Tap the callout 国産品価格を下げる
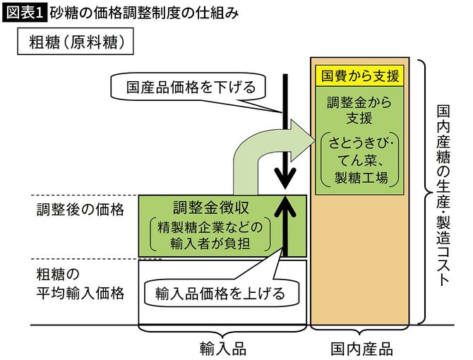(x=191, y=88)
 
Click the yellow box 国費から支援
(x=361, y=76)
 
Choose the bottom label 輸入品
(x=222, y=349)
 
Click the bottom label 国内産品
(x=361, y=349)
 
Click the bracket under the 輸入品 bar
(x=222, y=332)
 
